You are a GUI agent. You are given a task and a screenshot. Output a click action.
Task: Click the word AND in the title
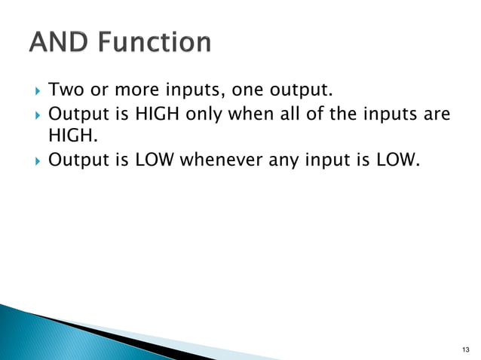pos(57,42)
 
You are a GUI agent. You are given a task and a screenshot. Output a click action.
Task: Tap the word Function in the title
pos(151,42)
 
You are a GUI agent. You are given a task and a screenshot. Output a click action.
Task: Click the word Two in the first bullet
pos(64,91)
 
